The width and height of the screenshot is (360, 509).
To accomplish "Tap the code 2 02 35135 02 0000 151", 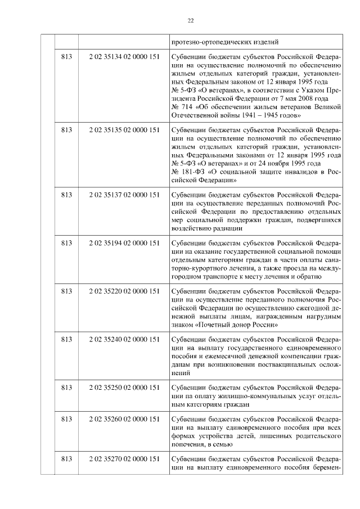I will click(124, 130).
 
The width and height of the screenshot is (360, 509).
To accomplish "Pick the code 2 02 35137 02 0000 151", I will click(124, 194).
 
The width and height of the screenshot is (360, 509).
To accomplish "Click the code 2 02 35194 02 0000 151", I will click(124, 242).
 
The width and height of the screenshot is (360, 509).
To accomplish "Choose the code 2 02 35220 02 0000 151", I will click(124, 291).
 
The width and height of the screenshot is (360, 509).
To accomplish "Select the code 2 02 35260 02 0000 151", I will click(124, 418).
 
